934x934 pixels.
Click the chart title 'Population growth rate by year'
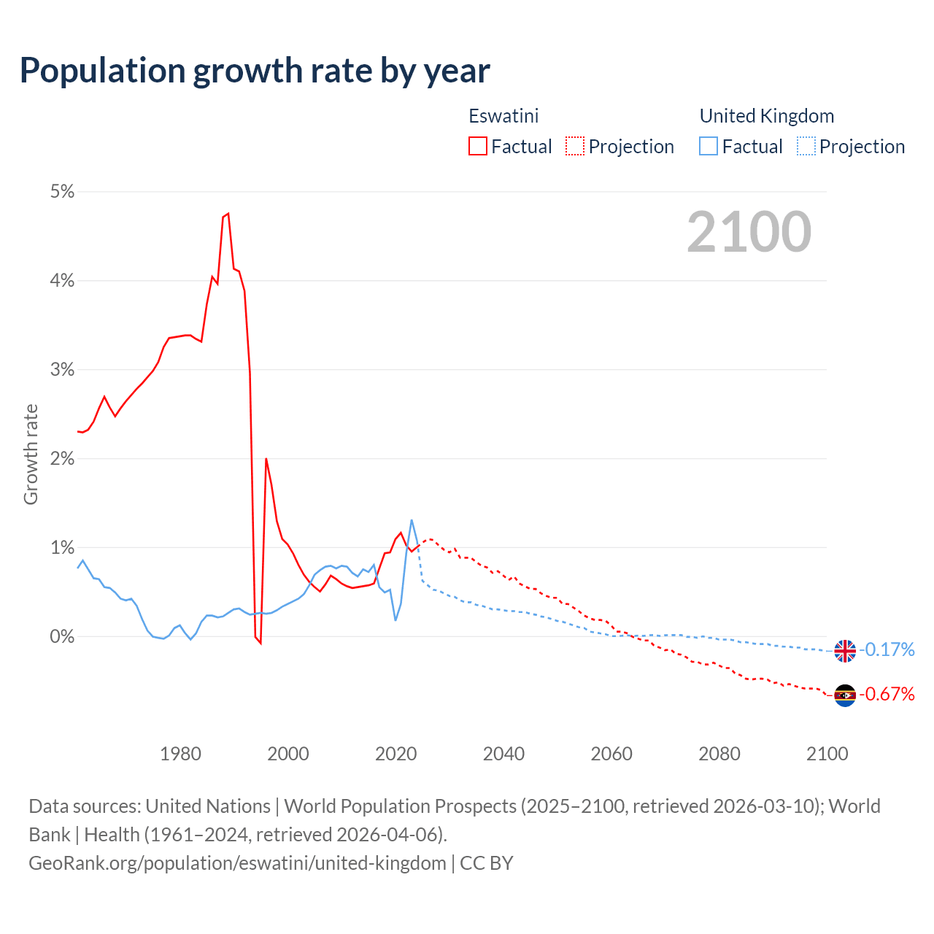(x=255, y=71)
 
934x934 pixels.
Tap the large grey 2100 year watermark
(x=749, y=232)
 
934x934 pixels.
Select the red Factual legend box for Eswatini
(x=478, y=147)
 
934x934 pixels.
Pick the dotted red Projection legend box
(x=575, y=147)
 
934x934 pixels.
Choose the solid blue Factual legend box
(x=709, y=147)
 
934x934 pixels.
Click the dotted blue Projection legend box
(x=806, y=147)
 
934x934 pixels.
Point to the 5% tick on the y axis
(x=62, y=192)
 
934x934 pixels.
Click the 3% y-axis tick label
(x=62, y=370)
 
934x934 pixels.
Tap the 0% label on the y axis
(x=62, y=637)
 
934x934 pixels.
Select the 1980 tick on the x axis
(x=180, y=754)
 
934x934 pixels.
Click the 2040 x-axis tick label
(x=503, y=754)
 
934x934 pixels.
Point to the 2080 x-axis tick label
(x=719, y=754)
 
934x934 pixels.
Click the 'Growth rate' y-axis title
(x=31, y=454)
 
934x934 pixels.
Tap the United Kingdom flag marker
(x=845, y=650)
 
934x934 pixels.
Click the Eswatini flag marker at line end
(x=845, y=695)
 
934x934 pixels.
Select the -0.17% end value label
(x=887, y=649)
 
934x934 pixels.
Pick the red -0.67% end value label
(x=887, y=694)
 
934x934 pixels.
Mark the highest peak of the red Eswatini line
(x=228, y=213)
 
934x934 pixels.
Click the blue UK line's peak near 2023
(x=412, y=520)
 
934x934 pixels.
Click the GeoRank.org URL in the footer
(x=237, y=863)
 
